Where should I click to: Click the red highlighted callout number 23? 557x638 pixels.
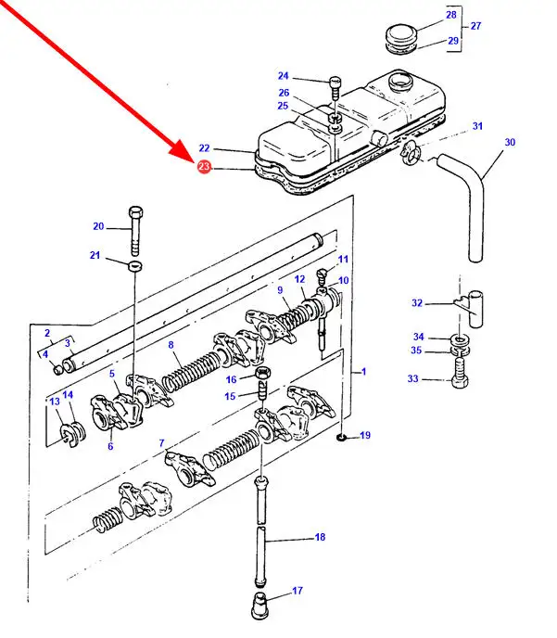tap(205, 167)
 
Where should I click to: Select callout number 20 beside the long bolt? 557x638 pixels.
tap(98, 226)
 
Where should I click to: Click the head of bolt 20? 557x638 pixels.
tap(136, 211)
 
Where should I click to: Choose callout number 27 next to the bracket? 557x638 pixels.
tap(476, 27)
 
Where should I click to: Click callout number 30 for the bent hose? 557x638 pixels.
tap(510, 142)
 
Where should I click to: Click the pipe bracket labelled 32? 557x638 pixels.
tap(470, 309)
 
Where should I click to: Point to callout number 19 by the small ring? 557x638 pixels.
tap(364, 435)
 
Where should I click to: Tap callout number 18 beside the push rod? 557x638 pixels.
tap(320, 537)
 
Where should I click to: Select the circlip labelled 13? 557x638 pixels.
tap(70, 432)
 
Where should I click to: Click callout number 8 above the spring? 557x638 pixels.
tap(171, 345)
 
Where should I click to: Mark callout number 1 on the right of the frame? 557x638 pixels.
tap(363, 372)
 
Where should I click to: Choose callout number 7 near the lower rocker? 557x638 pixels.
tap(162, 443)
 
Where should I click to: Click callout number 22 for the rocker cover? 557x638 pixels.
tap(205, 148)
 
